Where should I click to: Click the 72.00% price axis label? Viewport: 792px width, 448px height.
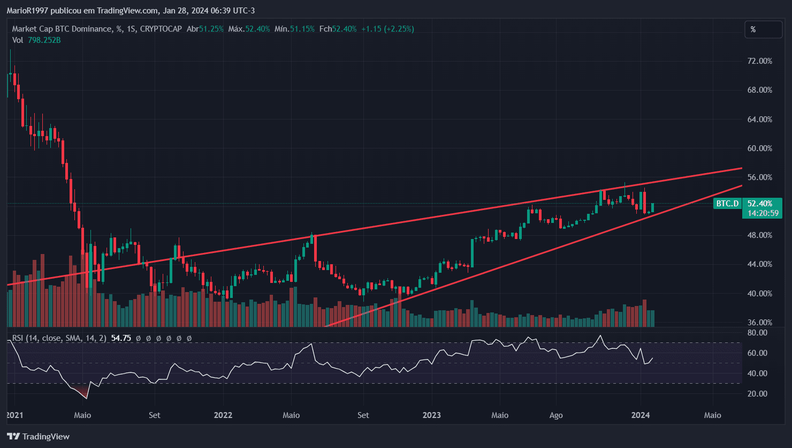tap(760, 61)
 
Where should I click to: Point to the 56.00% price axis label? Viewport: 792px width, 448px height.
tap(760, 177)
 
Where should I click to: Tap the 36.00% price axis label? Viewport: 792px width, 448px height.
tap(760, 323)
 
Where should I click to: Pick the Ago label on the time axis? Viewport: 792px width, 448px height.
tap(556, 415)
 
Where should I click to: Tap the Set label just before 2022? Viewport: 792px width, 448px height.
tap(155, 415)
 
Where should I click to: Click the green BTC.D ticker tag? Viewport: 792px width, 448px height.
tap(727, 204)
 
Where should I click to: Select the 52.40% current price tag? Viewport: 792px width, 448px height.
tap(760, 204)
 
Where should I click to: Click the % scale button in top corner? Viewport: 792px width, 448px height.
tap(763, 29)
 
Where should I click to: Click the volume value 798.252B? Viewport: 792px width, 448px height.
tap(44, 40)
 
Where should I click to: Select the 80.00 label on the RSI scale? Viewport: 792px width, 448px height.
tap(758, 333)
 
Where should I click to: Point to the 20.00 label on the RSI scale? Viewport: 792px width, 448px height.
tap(758, 394)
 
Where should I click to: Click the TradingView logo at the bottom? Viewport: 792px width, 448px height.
tap(38, 436)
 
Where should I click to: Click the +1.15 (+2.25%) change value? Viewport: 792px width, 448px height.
tap(387, 29)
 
